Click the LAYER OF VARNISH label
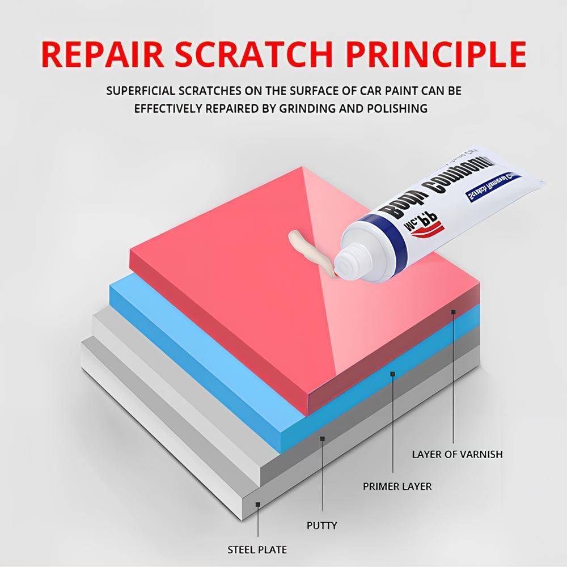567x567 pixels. [x=457, y=454]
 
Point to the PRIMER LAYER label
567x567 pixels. [x=397, y=486]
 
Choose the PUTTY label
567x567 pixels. [x=321, y=525]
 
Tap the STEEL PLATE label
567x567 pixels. [x=257, y=549]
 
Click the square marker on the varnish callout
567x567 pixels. [x=454, y=312]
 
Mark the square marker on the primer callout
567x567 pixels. [x=392, y=374]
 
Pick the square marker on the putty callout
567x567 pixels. [x=321, y=438]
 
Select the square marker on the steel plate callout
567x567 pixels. [x=257, y=504]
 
